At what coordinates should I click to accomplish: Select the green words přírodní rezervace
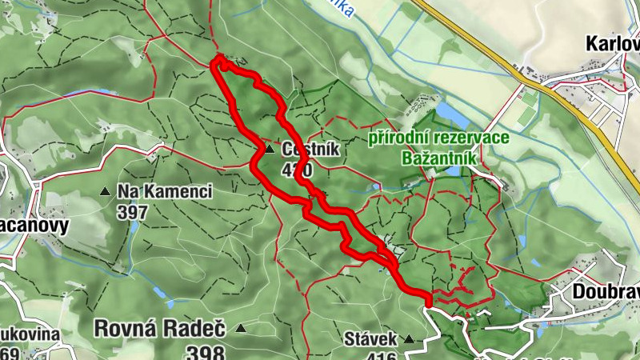click(x=438, y=138)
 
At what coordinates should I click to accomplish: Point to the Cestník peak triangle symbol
click(x=270, y=148)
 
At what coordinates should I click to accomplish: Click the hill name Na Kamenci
click(x=164, y=192)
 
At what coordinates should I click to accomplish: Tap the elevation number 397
click(x=132, y=212)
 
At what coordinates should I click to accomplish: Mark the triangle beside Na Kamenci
click(x=105, y=192)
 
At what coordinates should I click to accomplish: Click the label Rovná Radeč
click(x=159, y=328)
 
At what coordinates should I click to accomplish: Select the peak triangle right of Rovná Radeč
click(x=239, y=328)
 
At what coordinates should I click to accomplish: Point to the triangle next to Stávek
click(x=409, y=338)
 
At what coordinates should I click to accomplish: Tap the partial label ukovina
click(x=30, y=334)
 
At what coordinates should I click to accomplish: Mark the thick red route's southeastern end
click(x=428, y=302)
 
